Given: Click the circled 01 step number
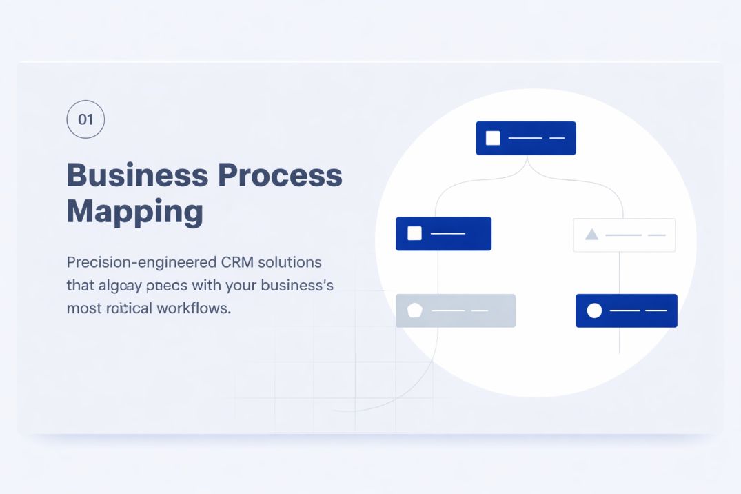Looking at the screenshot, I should click(85, 119).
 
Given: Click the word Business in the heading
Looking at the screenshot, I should click(135, 175).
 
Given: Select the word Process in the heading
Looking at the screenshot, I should click(280, 175).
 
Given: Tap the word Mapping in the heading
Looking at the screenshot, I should click(134, 211).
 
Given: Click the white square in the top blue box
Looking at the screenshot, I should click(493, 138).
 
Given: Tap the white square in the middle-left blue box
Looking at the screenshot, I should click(414, 233).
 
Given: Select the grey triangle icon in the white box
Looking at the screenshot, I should click(591, 235).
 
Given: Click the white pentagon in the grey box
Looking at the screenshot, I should click(414, 310).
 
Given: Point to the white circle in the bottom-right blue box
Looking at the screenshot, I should click(594, 310).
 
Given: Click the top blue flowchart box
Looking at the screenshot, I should click(526, 138).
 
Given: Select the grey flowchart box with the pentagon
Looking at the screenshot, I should click(456, 310).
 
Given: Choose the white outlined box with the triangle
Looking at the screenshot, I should click(625, 235).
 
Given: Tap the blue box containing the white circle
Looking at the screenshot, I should click(627, 310).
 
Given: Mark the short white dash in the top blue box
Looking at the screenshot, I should click(557, 138).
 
